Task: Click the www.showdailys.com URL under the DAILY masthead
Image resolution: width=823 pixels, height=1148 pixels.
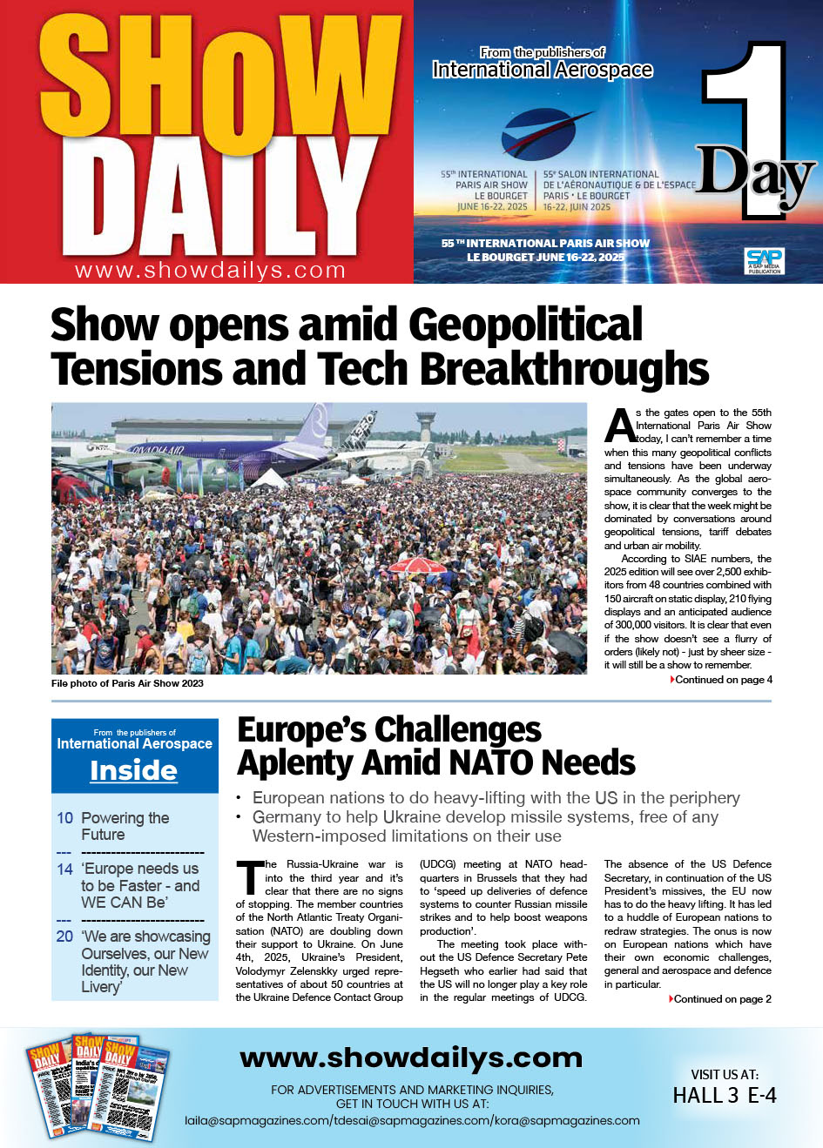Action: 211,271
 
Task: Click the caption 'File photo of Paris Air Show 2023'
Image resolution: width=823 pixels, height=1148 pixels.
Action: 127,683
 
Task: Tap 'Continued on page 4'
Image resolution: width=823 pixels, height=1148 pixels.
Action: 723,680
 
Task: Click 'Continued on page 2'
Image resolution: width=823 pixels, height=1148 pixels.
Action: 722,999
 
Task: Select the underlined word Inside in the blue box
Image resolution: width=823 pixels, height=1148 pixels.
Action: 134,770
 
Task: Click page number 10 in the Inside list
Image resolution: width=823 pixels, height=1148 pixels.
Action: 64,818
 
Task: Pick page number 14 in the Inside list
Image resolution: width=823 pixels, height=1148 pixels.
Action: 64,869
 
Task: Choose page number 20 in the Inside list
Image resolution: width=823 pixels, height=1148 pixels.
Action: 64,937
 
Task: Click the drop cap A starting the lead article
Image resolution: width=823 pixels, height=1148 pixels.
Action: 620,426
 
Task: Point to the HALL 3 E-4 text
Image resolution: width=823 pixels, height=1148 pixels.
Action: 725,1096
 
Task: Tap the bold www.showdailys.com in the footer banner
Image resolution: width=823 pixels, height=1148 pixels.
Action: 411,1057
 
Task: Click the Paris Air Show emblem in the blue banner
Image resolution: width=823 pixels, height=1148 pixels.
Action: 544,135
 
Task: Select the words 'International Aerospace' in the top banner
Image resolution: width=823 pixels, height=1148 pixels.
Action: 542,70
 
